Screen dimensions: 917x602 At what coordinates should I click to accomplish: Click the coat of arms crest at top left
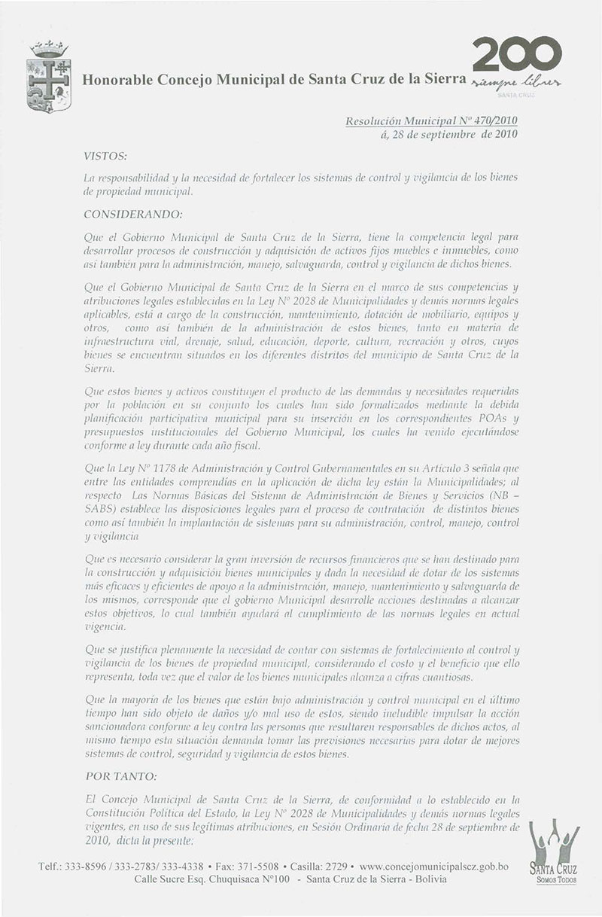(49, 78)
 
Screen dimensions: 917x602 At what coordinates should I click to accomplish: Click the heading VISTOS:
(105, 156)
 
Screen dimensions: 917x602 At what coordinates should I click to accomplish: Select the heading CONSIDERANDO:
(133, 214)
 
